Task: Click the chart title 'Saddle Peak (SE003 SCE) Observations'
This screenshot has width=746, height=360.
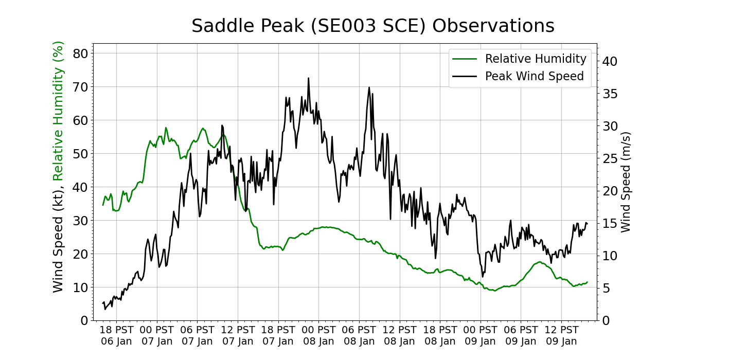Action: click(373, 26)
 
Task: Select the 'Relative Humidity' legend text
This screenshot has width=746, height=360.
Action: click(536, 59)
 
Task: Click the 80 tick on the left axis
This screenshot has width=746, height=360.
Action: click(82, 53)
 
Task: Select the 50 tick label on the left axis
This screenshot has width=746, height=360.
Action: click(82, 154)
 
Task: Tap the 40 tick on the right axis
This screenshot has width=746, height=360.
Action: click(610, 61)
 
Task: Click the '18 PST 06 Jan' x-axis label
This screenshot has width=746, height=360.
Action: click(116, 335)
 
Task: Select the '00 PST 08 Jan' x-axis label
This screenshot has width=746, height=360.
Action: click(319, 335)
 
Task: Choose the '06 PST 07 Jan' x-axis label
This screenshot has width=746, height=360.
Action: click(197, 335)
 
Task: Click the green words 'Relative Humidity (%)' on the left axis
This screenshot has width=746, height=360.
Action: click(58, 111)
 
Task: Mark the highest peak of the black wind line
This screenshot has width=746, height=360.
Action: click(309, 78)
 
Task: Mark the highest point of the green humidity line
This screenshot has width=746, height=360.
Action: click(166, 128)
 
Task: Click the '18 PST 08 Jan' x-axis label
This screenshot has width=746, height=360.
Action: click(440, 335)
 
